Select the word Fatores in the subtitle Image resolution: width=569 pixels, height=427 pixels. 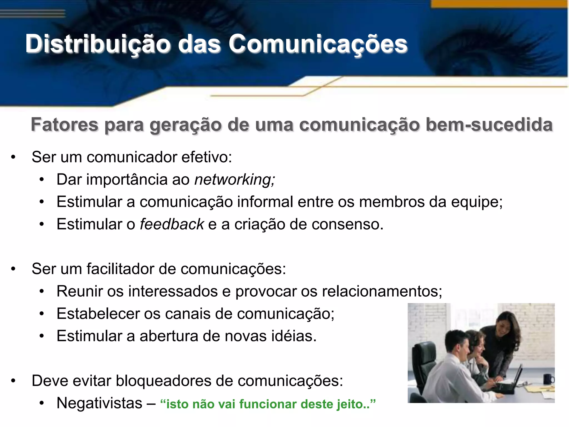tap(64, 125)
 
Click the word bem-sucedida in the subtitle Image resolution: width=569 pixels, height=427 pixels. tap(489, 125)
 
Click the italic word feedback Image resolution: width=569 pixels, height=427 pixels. tap(172, 224)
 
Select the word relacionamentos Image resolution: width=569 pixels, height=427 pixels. tap(382, 291)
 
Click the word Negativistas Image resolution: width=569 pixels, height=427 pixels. tap(99, 403)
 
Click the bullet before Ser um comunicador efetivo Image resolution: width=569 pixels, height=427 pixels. tap(13, 157)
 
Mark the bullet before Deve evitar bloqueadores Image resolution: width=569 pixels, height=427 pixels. tap(13, 381)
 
